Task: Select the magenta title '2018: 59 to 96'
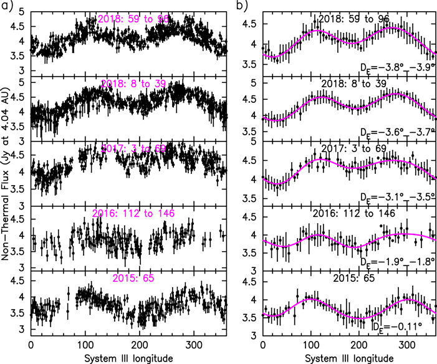133,19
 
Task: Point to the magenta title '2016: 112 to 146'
133,213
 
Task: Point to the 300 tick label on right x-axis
406,345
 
